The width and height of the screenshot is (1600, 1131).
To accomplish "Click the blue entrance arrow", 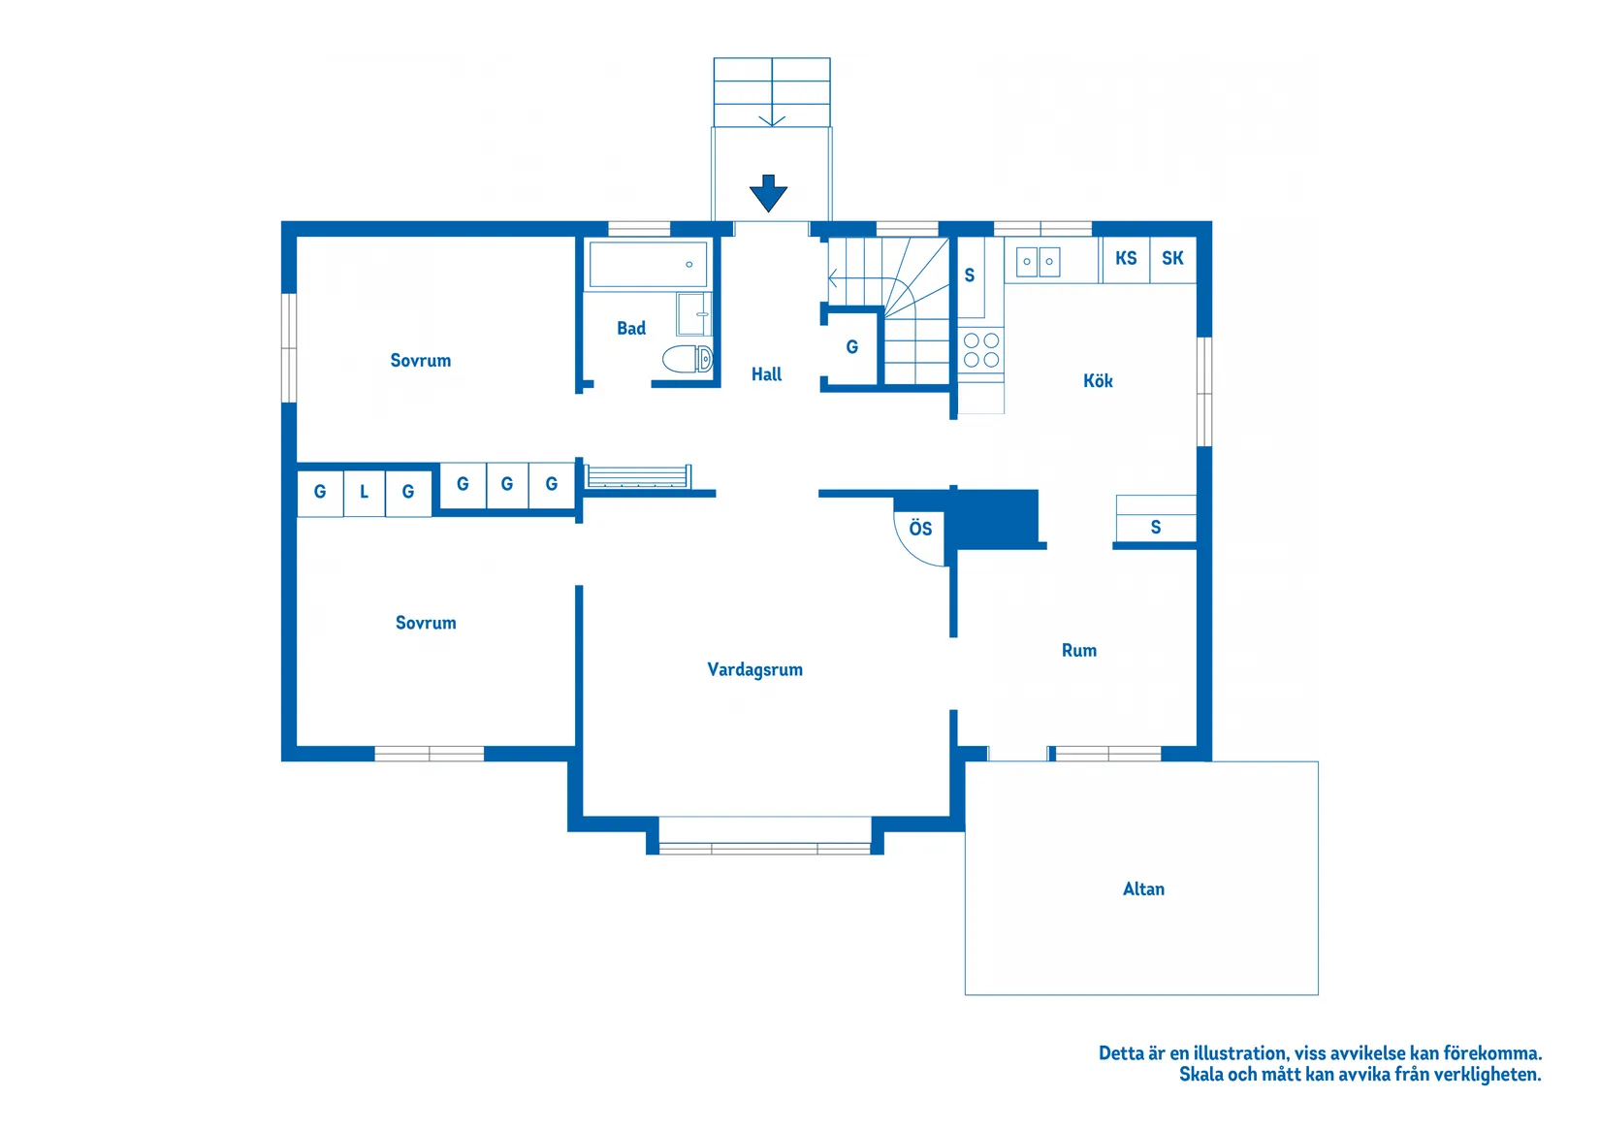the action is point(769,193).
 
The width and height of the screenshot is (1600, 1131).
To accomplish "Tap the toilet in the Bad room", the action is point(688,359).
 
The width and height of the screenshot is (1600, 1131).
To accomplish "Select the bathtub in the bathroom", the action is point(648,265).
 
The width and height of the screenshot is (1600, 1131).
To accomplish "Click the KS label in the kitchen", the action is point(1126,258).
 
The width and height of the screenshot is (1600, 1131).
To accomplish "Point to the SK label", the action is point(1172,258).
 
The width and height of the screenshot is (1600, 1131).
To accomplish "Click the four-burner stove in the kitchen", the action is point(981,350).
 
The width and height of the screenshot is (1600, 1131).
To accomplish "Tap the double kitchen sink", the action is point(1038,262).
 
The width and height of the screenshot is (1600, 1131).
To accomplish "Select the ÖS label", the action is point(920,528).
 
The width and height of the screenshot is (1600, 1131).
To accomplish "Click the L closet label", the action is point(364,492).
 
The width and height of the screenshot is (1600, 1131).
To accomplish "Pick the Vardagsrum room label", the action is point(755,669).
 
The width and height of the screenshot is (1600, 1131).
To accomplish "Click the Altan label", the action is point(1143,889).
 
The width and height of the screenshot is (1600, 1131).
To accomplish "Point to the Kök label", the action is point(1098,381).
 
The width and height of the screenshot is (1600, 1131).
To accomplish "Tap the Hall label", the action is point(766,374).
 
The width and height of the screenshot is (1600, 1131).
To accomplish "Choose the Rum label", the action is point(1078,650).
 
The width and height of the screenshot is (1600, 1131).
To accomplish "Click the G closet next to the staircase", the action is point(852,347).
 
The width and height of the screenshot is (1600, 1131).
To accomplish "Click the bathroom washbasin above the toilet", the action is point(693,313).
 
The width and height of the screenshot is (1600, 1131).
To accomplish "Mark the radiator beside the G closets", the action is point(638,476).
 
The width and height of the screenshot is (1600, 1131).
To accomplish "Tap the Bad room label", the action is point(631,328).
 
